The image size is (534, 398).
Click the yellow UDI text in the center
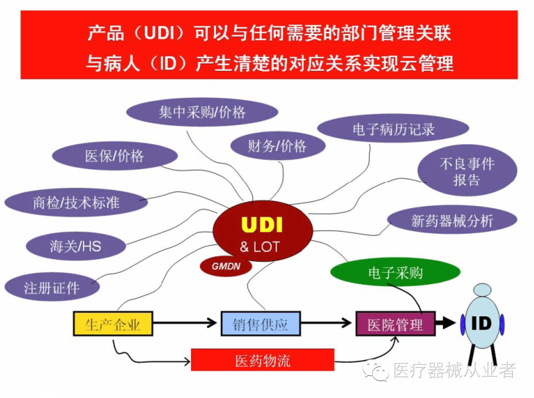tap(262, 225)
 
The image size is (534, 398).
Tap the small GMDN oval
tap(226, 266)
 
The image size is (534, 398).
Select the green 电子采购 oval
tap(395, 273)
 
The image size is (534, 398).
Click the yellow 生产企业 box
tap(113, 324)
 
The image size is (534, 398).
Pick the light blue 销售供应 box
tap(260, 324)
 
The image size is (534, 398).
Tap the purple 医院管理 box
tap(395, 324)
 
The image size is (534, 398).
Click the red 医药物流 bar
tap(262, 360)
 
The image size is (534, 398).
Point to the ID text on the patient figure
tap(481, 323)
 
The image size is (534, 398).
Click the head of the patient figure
tap(482, 290)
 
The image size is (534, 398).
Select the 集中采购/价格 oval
tap(202, 112)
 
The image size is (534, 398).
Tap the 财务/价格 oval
tap(277, 146)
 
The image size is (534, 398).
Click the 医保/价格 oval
tap(114, 156)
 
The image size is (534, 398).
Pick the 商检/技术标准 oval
tap(76, 202)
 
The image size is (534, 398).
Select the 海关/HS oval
tap(76, 246)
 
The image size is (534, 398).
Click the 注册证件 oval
tap(52, 288)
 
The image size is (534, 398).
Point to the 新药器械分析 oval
tap(452, 221)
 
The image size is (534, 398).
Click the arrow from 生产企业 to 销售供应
tap(185, 323)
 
